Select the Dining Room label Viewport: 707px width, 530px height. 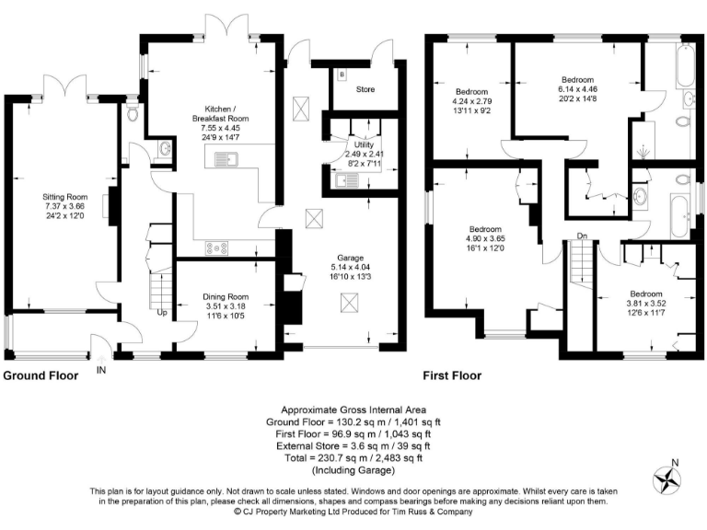point(226,296)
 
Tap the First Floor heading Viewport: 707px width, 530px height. point(452,375)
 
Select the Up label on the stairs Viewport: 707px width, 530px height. point(162,313)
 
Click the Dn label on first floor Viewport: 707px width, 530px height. point(582,236)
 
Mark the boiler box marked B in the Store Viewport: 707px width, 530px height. point(342,74)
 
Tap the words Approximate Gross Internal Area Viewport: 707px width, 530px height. point(353,409)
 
